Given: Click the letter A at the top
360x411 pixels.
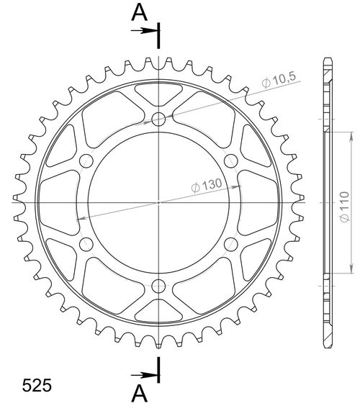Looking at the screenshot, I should pos(141,12).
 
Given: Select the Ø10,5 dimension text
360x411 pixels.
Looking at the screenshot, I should pos(276,83).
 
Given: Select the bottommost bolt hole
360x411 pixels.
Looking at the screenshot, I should pos(158,285).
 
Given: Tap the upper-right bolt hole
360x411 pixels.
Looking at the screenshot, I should pos(230,161).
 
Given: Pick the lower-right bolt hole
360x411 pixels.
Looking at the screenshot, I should pos(230,244).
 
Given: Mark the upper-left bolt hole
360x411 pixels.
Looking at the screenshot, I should pos(86,161).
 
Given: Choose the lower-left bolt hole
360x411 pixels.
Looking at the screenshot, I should pos(86,244).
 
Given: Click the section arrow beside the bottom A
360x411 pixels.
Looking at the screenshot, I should pos(148,374).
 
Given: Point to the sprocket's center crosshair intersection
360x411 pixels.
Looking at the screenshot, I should pos(158,203).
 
